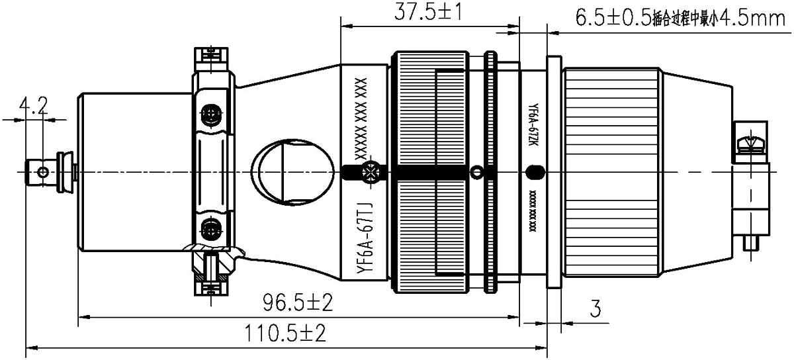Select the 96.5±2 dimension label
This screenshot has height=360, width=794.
click(x=298, y=304)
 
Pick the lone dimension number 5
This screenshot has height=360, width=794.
click(x=595, y=308)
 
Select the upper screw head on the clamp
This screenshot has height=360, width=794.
click(x=211, y=115)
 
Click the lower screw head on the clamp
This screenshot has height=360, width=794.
click(x=211, y=229)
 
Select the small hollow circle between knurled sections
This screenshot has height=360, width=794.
click(x=476, y=173)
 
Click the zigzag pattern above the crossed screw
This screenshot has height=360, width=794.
click(x=361, y=116)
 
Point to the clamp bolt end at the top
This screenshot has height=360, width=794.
click(x=213, y=56)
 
